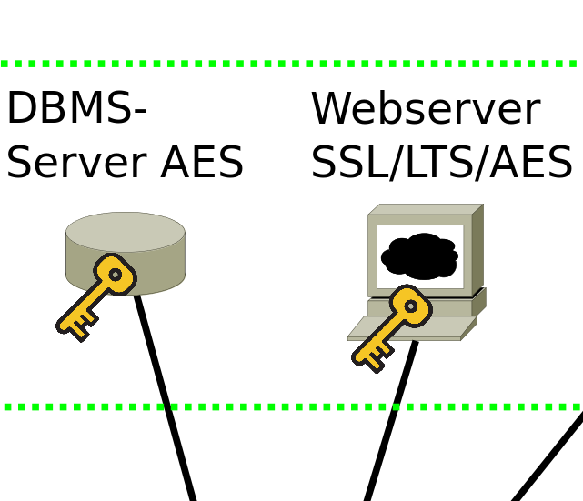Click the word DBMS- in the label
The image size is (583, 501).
tap(76, 109)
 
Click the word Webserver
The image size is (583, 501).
tap(425, 109)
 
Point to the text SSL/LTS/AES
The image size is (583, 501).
tap(441, 163)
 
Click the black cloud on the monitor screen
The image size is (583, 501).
tap(419, 256)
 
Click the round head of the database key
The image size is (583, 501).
tap(115, 274)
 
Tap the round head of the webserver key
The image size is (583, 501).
tap(411, 306)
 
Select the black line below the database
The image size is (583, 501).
tap(168, 409)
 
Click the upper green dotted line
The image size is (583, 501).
tap(291, 64)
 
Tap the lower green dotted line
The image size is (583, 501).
tap(291, 406)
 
